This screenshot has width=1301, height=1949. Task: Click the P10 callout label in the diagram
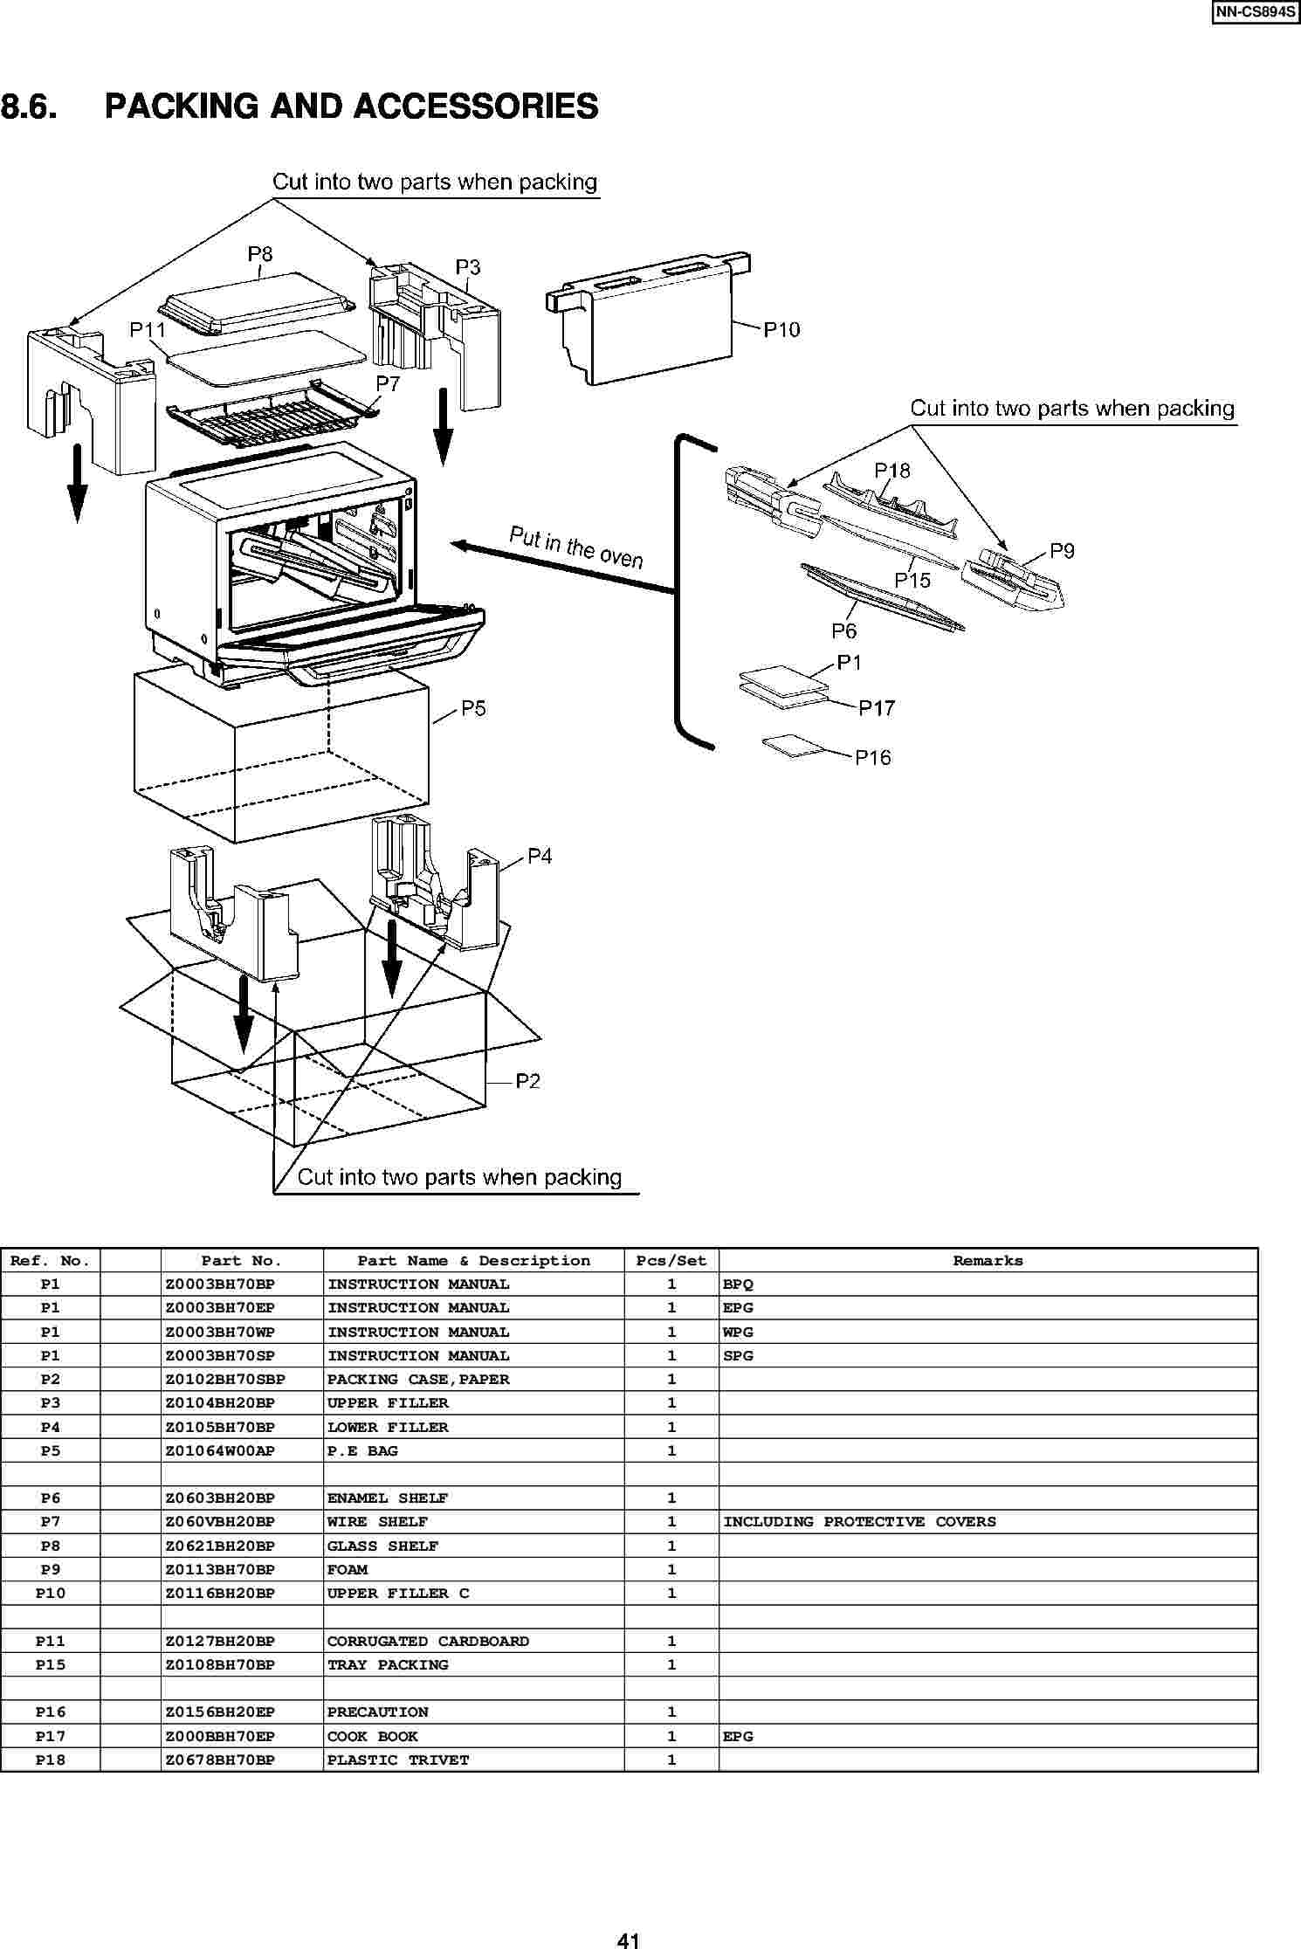click(x=781, y=329)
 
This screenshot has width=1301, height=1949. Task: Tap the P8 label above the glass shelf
click(x=260, y=254)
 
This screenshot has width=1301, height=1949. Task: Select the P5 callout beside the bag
click(x=473, y=708)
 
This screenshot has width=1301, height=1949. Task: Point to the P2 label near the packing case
click(x=527, y=1081)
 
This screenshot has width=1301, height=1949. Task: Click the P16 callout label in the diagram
click(x=872, y=757)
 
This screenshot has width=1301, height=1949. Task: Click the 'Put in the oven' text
click(x=575, y=547)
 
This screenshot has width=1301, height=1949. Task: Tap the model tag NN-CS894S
click(x=1255, y=14)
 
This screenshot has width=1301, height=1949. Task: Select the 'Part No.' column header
click(x=242, y=1261)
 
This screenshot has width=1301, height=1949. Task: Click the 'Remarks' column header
click(x=988, y=1261)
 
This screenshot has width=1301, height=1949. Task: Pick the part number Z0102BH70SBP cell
click(x=225, y=1380)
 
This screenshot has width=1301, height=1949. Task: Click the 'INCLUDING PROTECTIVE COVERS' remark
click(x=859, y=1522)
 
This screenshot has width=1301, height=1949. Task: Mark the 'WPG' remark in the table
click(x=738, y=1333)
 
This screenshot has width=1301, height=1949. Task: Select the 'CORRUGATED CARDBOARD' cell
click(x=428, y=1642)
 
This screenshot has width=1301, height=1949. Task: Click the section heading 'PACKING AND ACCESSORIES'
click(x=351, y=107)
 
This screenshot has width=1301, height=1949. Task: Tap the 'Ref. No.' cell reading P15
click(x=51, y=1665)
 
